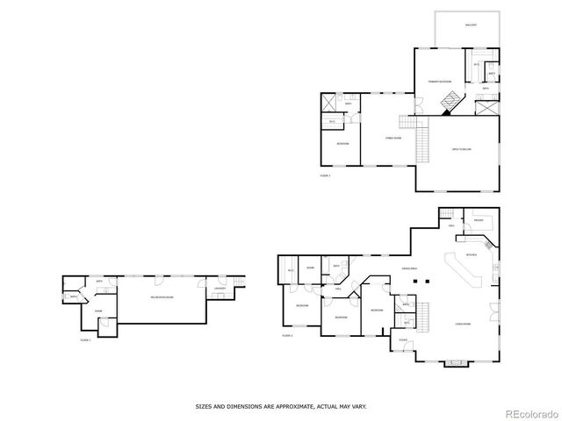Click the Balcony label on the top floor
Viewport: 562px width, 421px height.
coord(469,25)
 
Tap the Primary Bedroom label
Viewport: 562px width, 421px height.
coord(440,82)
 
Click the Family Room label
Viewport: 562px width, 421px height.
coord(393,138)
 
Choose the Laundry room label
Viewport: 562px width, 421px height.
coord(220,289)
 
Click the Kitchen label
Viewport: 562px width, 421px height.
coord(471,254)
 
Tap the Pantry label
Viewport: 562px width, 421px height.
coord(480,221)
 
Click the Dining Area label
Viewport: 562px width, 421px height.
coord(409,268)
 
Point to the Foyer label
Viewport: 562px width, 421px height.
coord(403,339)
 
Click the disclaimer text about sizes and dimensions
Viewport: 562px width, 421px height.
coord(280,406)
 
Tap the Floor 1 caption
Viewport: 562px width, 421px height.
coord(85,339)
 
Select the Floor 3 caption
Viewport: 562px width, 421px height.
coord(326,175)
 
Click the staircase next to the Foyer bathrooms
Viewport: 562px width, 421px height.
coord(422,316)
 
